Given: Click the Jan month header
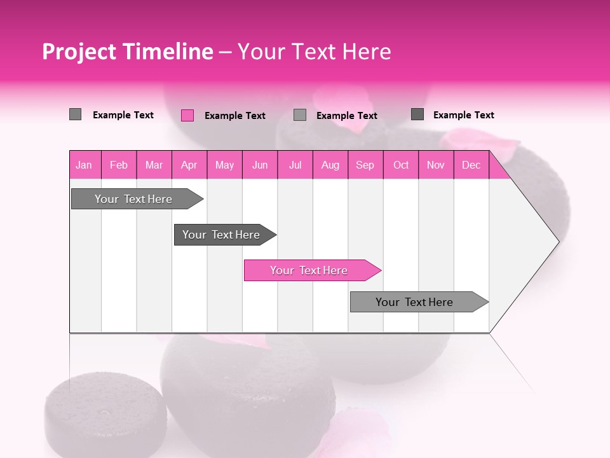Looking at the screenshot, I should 84,165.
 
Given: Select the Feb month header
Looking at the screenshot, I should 119,165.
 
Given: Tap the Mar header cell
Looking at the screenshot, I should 154,165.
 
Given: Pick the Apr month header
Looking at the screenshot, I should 189,165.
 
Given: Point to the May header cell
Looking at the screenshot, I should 224,165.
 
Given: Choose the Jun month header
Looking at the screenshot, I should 260,165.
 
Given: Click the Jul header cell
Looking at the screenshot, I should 295,165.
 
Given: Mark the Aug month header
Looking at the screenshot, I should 330,165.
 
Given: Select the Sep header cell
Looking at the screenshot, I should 365,165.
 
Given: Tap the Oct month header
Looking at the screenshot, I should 401,165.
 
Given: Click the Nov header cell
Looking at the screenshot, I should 436,165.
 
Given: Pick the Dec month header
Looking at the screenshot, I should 471,165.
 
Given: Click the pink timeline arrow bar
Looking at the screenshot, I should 309,270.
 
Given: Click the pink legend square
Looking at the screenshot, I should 187,115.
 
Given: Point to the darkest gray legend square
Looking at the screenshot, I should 417,114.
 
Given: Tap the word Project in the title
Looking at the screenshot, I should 79,52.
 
